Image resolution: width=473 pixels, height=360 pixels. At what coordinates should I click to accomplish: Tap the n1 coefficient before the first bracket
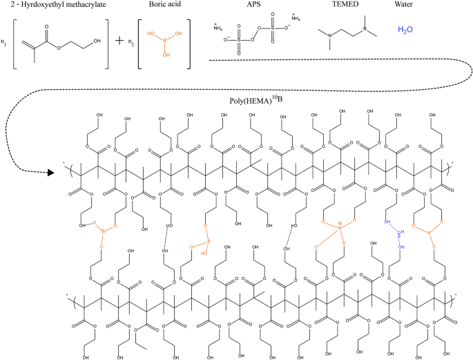(5, 43)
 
